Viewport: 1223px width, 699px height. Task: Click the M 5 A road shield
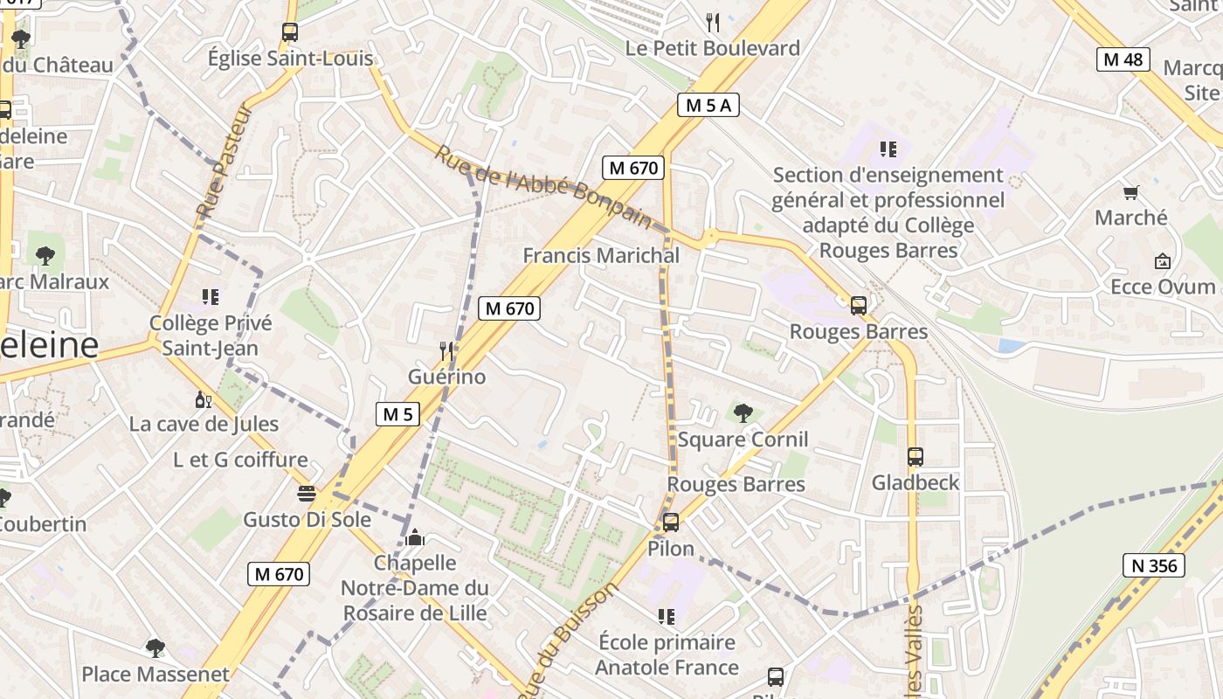tap(708, 106)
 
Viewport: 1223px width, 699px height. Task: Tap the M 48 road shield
tap(1123, 59)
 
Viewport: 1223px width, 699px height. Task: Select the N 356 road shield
tap(1154, 565)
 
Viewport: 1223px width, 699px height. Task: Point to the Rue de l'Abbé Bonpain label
tap(543, 187)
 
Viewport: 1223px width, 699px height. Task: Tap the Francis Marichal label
tap(601, 256)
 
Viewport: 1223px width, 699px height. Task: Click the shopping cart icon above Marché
tap(1131, 192)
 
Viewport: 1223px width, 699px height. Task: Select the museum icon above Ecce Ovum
tap(1162, 261)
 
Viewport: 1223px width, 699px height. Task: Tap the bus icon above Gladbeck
tap(916, 457)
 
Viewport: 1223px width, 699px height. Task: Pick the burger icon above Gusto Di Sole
tap(306, 494)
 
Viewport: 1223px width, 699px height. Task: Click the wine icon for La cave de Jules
tap(203, 400)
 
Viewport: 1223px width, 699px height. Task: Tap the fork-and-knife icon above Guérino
tap(446, 351)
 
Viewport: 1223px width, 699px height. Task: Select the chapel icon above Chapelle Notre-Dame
tap(415, 536)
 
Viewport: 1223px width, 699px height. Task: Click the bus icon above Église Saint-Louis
tap(290, 32)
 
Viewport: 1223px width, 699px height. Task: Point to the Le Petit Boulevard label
tap(712, 48)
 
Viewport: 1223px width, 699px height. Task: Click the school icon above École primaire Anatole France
tap(667, 617)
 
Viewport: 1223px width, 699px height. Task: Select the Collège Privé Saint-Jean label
tap(211, 336)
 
